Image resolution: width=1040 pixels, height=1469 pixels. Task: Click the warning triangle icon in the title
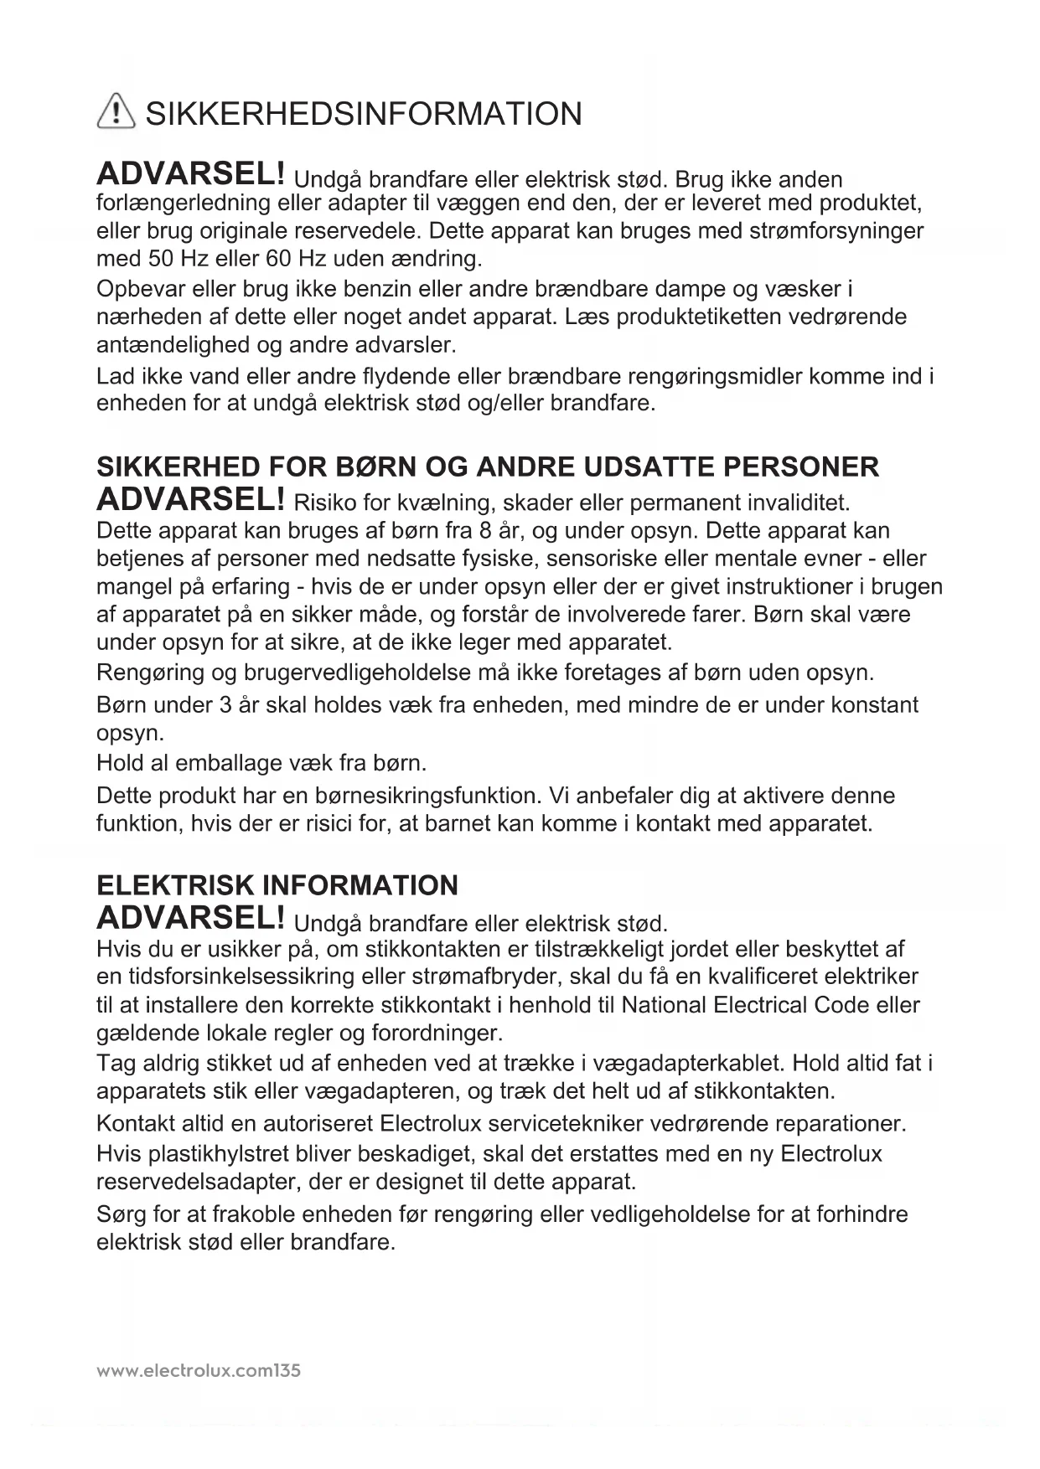click(x=116, y=112)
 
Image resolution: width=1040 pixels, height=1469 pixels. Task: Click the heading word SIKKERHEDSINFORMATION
click(x=364, y=114)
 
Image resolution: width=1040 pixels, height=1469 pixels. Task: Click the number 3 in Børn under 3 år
click(x=225, y=704)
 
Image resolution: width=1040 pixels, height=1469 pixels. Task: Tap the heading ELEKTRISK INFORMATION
click(x=277, y=885)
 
